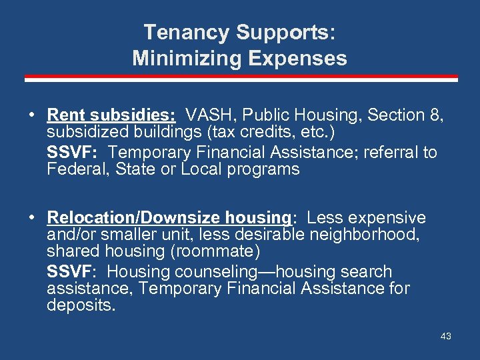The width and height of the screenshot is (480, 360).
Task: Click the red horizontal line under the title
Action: coord(240,78)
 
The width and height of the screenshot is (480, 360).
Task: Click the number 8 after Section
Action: coord(437,115)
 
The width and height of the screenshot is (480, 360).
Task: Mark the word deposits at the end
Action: coord(81,305)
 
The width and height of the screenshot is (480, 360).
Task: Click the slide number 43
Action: coord(445,336)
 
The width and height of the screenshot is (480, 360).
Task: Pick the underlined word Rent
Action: coord(66,115)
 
